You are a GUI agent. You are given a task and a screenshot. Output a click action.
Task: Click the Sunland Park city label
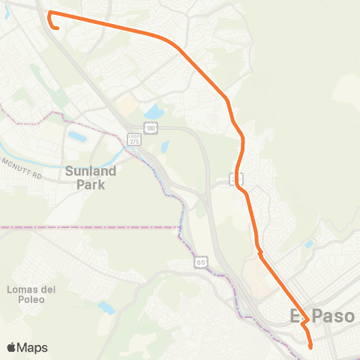coord(91,177)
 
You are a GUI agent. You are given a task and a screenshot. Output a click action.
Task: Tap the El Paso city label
coord(322,317)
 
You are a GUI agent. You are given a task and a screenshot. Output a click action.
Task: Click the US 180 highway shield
coord(151,129)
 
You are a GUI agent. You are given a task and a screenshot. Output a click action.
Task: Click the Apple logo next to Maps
coord(13,347)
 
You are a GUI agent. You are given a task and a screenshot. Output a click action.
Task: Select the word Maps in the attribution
coord(33,347)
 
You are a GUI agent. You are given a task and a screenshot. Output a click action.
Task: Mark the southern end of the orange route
coord(310,346)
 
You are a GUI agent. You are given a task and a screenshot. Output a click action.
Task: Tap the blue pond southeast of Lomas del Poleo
coord(107,307)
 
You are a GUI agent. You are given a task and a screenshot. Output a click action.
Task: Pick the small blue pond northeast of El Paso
coord(309,244)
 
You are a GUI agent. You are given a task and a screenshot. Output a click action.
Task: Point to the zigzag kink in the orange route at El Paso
coord(305,323)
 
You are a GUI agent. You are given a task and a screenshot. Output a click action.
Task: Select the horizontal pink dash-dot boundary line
coord(90,226)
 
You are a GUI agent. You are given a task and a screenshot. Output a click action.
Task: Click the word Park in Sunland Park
coord(91,184)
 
